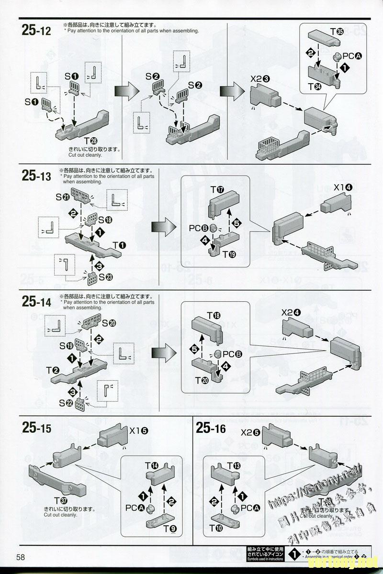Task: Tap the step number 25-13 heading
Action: (36, 176)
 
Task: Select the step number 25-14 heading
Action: (36, 302)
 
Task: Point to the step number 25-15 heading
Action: (36, 428)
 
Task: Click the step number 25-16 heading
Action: (211, 428)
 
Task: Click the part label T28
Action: (90, 141)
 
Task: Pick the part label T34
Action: (315, 87)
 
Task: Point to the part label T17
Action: (217, 190)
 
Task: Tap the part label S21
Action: (63, 197)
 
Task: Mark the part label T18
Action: (214, 316)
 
